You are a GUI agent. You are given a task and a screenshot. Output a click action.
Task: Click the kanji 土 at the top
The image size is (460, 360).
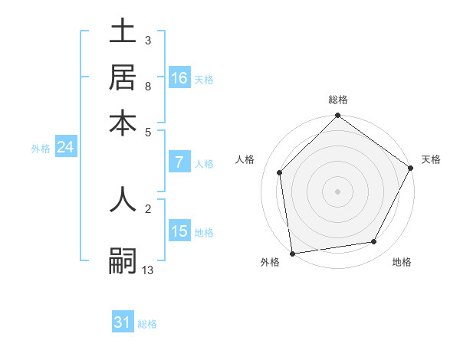click(x=123, y=31)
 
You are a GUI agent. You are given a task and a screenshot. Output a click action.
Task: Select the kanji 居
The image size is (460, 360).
click(x=123, y=77)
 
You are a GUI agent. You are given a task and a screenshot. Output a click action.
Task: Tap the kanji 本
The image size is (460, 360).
click(x=123, y=123)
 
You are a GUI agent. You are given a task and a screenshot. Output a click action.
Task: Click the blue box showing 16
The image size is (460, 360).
click(x=179, y=78)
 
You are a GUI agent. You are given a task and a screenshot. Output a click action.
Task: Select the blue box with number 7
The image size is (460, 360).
click(x=179, y=162)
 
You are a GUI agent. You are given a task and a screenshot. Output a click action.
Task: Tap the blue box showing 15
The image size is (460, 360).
click(x=179, y=231)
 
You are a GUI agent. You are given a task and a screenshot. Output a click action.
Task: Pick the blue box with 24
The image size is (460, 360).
click(x=65, y=147)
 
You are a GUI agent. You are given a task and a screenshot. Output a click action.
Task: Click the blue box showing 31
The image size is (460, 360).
click(x=123, y=322)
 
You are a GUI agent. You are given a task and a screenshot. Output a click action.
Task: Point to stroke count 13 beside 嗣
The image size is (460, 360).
click(x=148, y=270)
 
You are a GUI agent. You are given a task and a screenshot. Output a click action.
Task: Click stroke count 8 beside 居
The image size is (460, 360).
click(x=147, y=87)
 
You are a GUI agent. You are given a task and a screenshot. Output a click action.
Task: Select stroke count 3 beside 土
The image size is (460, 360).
click(x=147, y=40)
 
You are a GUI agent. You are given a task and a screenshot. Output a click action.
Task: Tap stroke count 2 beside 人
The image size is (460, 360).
click(x=147, y=208)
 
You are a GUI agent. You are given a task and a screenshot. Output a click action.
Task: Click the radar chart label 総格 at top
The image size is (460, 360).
click(x=337, y=100)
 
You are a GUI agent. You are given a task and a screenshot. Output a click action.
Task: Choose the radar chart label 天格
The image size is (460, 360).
click(x=431, y=159)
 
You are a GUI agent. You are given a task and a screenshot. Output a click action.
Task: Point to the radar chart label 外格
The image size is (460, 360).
click(x=270, y=263)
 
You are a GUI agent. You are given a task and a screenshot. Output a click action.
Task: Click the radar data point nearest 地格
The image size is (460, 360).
click(x=374, y=242)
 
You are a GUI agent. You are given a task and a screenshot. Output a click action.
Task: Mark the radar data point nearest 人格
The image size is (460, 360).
click(x=280, y=172)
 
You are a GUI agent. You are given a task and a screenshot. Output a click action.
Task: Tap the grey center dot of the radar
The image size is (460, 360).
click(x=337, y=191)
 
